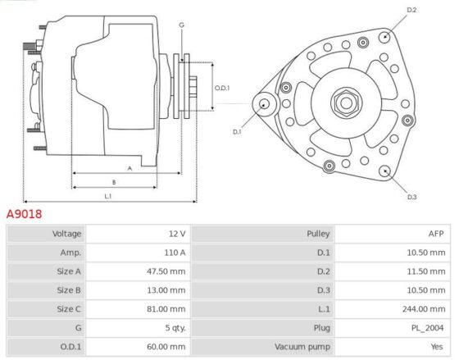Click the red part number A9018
click(x=24, y=214)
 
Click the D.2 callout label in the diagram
click(x=411, y=10)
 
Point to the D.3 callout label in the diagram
click(x=411, y=197)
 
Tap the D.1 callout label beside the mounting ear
click(x=237, y=132)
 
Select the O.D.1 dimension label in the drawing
click(x=222, y=88)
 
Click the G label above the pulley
click(x=181, y=25)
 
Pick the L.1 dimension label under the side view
click(x=108, y=196)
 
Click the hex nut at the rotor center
click(x=346, y=103)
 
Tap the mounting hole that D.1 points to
click(x=264, y=104)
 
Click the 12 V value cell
click(x=177, y=234)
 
